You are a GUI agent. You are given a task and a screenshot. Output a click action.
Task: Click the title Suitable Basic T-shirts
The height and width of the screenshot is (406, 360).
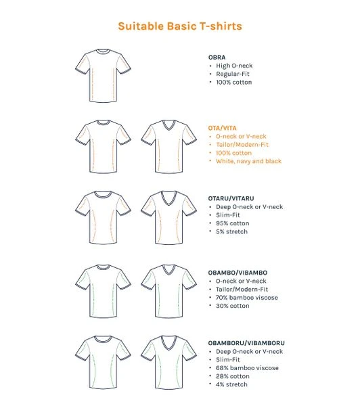click(x=179, y=26)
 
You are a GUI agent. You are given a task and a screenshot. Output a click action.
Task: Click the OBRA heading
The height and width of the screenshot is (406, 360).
click(x=217, y=58)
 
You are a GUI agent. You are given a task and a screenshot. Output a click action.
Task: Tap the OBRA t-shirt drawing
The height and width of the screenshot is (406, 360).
click(x=102, y=75)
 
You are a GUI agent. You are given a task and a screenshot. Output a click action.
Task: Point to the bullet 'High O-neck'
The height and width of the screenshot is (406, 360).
click(x=234, y=66)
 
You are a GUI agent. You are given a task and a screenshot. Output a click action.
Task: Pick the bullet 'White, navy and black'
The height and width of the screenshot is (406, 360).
click(x=248, y=161)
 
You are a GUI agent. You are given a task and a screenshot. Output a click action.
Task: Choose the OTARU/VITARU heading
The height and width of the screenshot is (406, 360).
click(x=231, y=198)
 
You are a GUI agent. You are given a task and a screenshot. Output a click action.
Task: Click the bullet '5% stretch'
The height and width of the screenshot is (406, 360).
click(x=231, y=231)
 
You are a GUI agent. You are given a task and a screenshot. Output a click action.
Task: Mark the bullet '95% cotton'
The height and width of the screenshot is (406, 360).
click(x=232, y=223)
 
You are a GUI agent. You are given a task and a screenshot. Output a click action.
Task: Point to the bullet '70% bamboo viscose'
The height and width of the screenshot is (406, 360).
click(x=246, y=298)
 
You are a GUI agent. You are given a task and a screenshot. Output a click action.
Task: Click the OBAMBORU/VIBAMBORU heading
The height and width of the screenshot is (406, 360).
click(x=246, y=343)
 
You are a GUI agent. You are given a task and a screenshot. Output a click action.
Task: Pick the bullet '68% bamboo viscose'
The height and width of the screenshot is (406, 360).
click(x=246, y=368)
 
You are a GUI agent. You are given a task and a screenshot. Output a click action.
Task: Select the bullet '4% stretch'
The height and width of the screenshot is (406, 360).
click(x=231, y=384)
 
